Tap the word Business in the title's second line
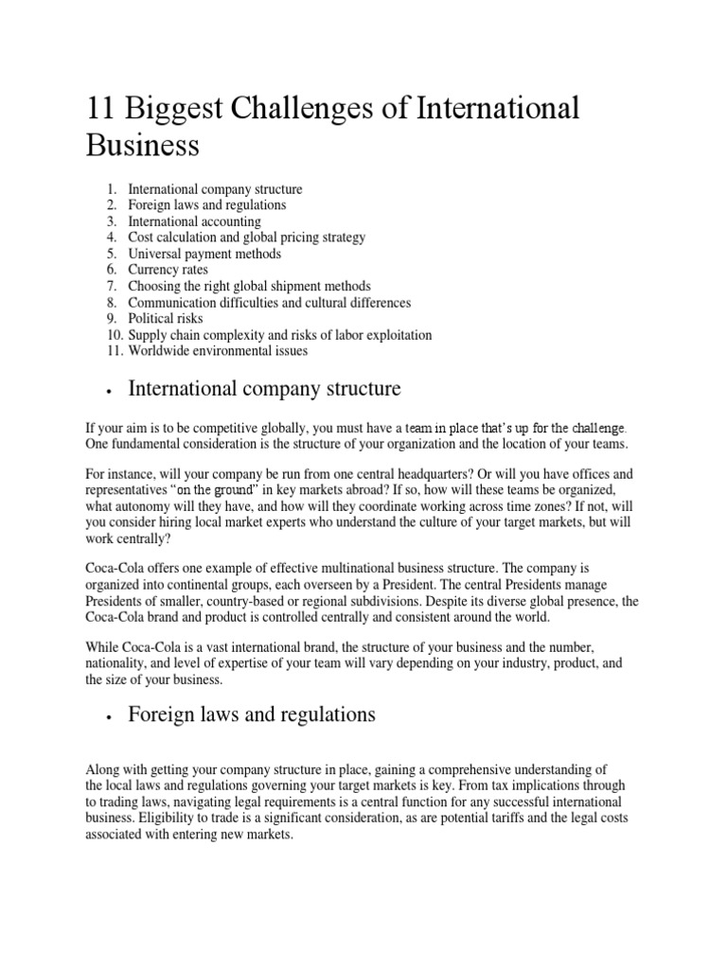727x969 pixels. (x=143, y=146)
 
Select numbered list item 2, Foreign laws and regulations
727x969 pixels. (x=206, y=204)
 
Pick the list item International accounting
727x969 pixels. (x=194, y=221)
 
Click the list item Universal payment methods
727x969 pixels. (x=204, y=254)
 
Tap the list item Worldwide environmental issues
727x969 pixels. (x=218, y=351)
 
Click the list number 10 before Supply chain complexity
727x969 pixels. (x=113, y=335)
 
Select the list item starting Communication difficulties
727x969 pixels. (x=269, y=303)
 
